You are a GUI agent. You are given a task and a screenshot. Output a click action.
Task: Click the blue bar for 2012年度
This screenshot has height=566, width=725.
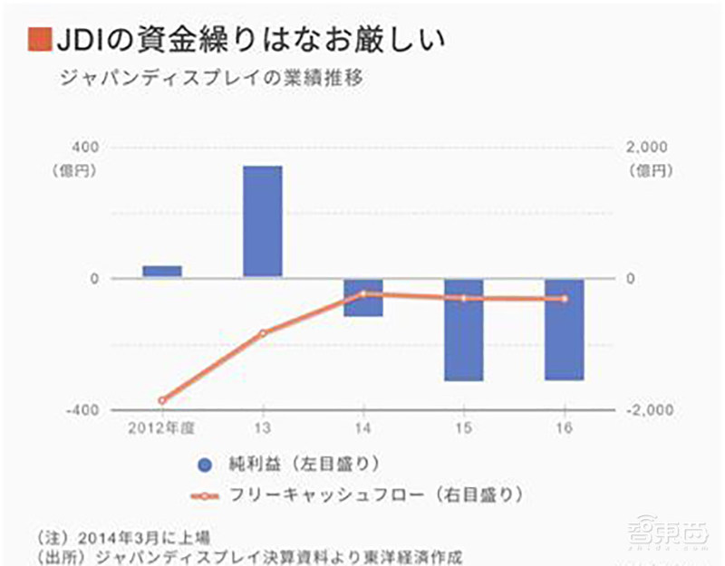point(162,272)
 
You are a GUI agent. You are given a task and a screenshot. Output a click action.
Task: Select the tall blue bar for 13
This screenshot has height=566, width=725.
point(263,222)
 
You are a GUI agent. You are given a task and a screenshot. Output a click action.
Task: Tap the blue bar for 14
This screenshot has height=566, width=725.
point(363,297)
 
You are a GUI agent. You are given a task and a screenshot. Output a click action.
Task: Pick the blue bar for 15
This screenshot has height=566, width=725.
point(464,330)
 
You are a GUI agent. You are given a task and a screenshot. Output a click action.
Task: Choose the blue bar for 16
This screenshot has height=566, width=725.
point(565,329)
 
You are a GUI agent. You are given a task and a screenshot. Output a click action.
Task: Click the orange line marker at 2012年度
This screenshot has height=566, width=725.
point(162,400)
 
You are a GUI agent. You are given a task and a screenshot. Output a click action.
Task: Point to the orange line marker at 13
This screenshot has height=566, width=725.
point(263,333)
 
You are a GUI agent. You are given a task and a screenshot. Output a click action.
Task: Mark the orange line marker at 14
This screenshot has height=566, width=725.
point(363,293)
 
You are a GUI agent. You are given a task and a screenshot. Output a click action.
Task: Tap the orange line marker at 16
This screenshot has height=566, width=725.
point(565,299)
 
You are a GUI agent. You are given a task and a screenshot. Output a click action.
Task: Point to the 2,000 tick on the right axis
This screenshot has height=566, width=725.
point(646,147)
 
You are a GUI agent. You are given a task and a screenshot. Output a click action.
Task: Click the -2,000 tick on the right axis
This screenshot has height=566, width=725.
point(649,410)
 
